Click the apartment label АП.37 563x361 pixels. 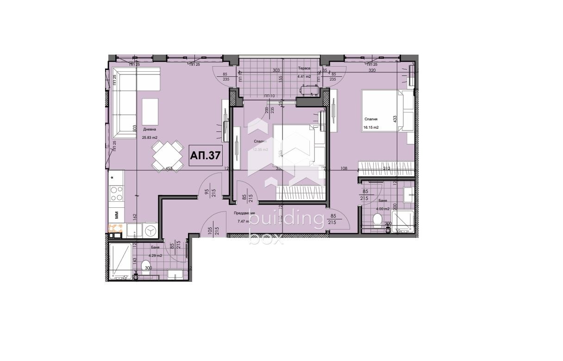click(205, 156)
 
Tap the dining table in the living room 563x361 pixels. click(167, 156)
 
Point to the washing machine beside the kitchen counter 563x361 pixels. click(150, 230)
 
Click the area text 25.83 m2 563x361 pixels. click(150, 137)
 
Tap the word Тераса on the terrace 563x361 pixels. click(304, 68)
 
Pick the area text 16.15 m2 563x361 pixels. click(371, 127)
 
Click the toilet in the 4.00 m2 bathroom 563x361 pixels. click(377, 220)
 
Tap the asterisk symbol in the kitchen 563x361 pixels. click(113, 177)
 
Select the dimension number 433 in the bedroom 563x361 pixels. click(395, 118)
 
